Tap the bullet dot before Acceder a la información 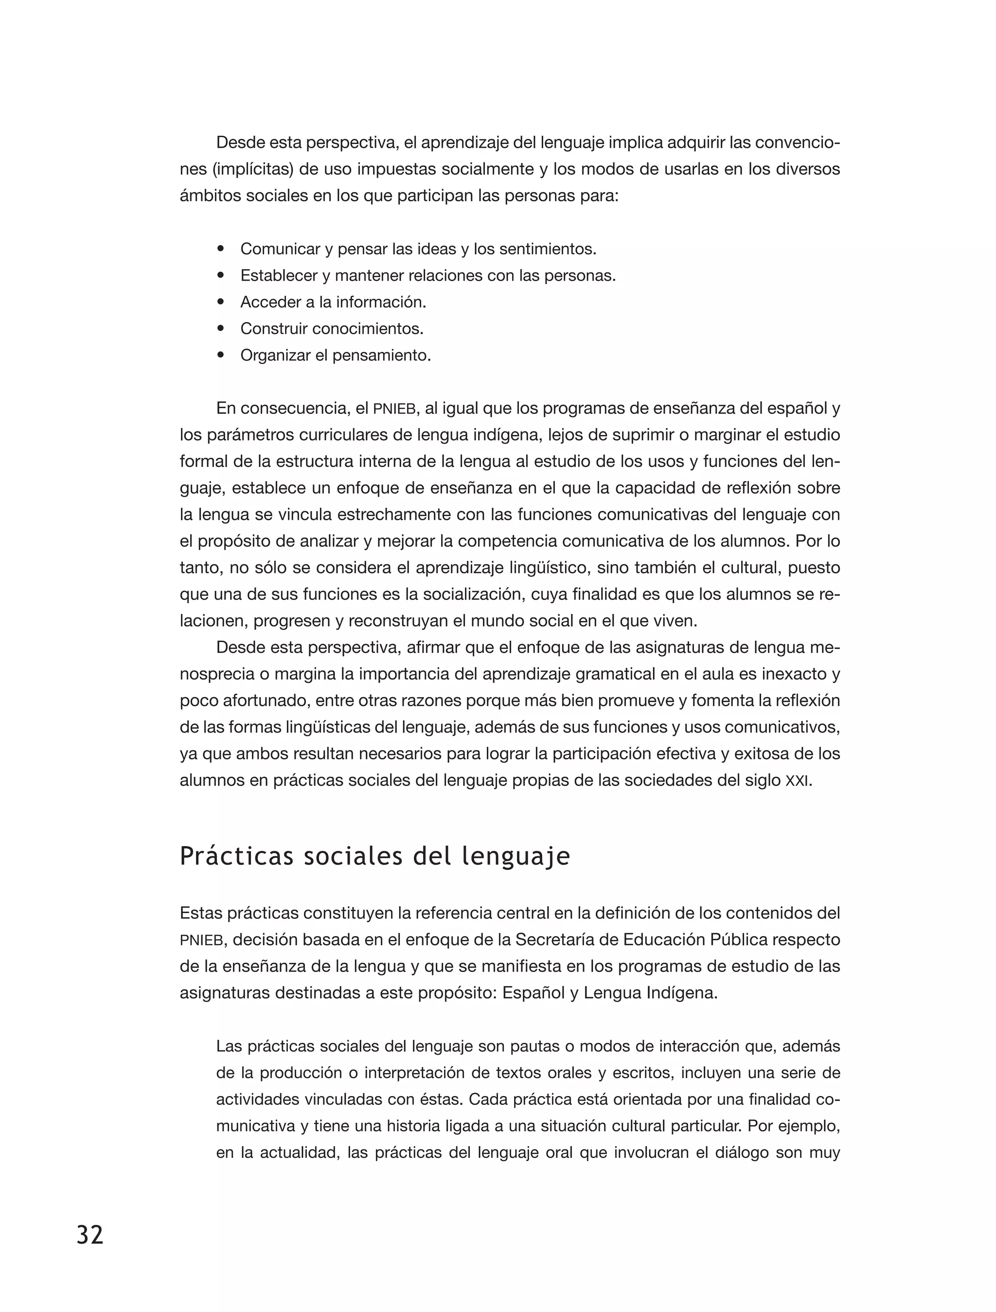pos(221,303)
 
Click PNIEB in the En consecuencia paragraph pos(396,409)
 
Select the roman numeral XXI pos(796,781)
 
